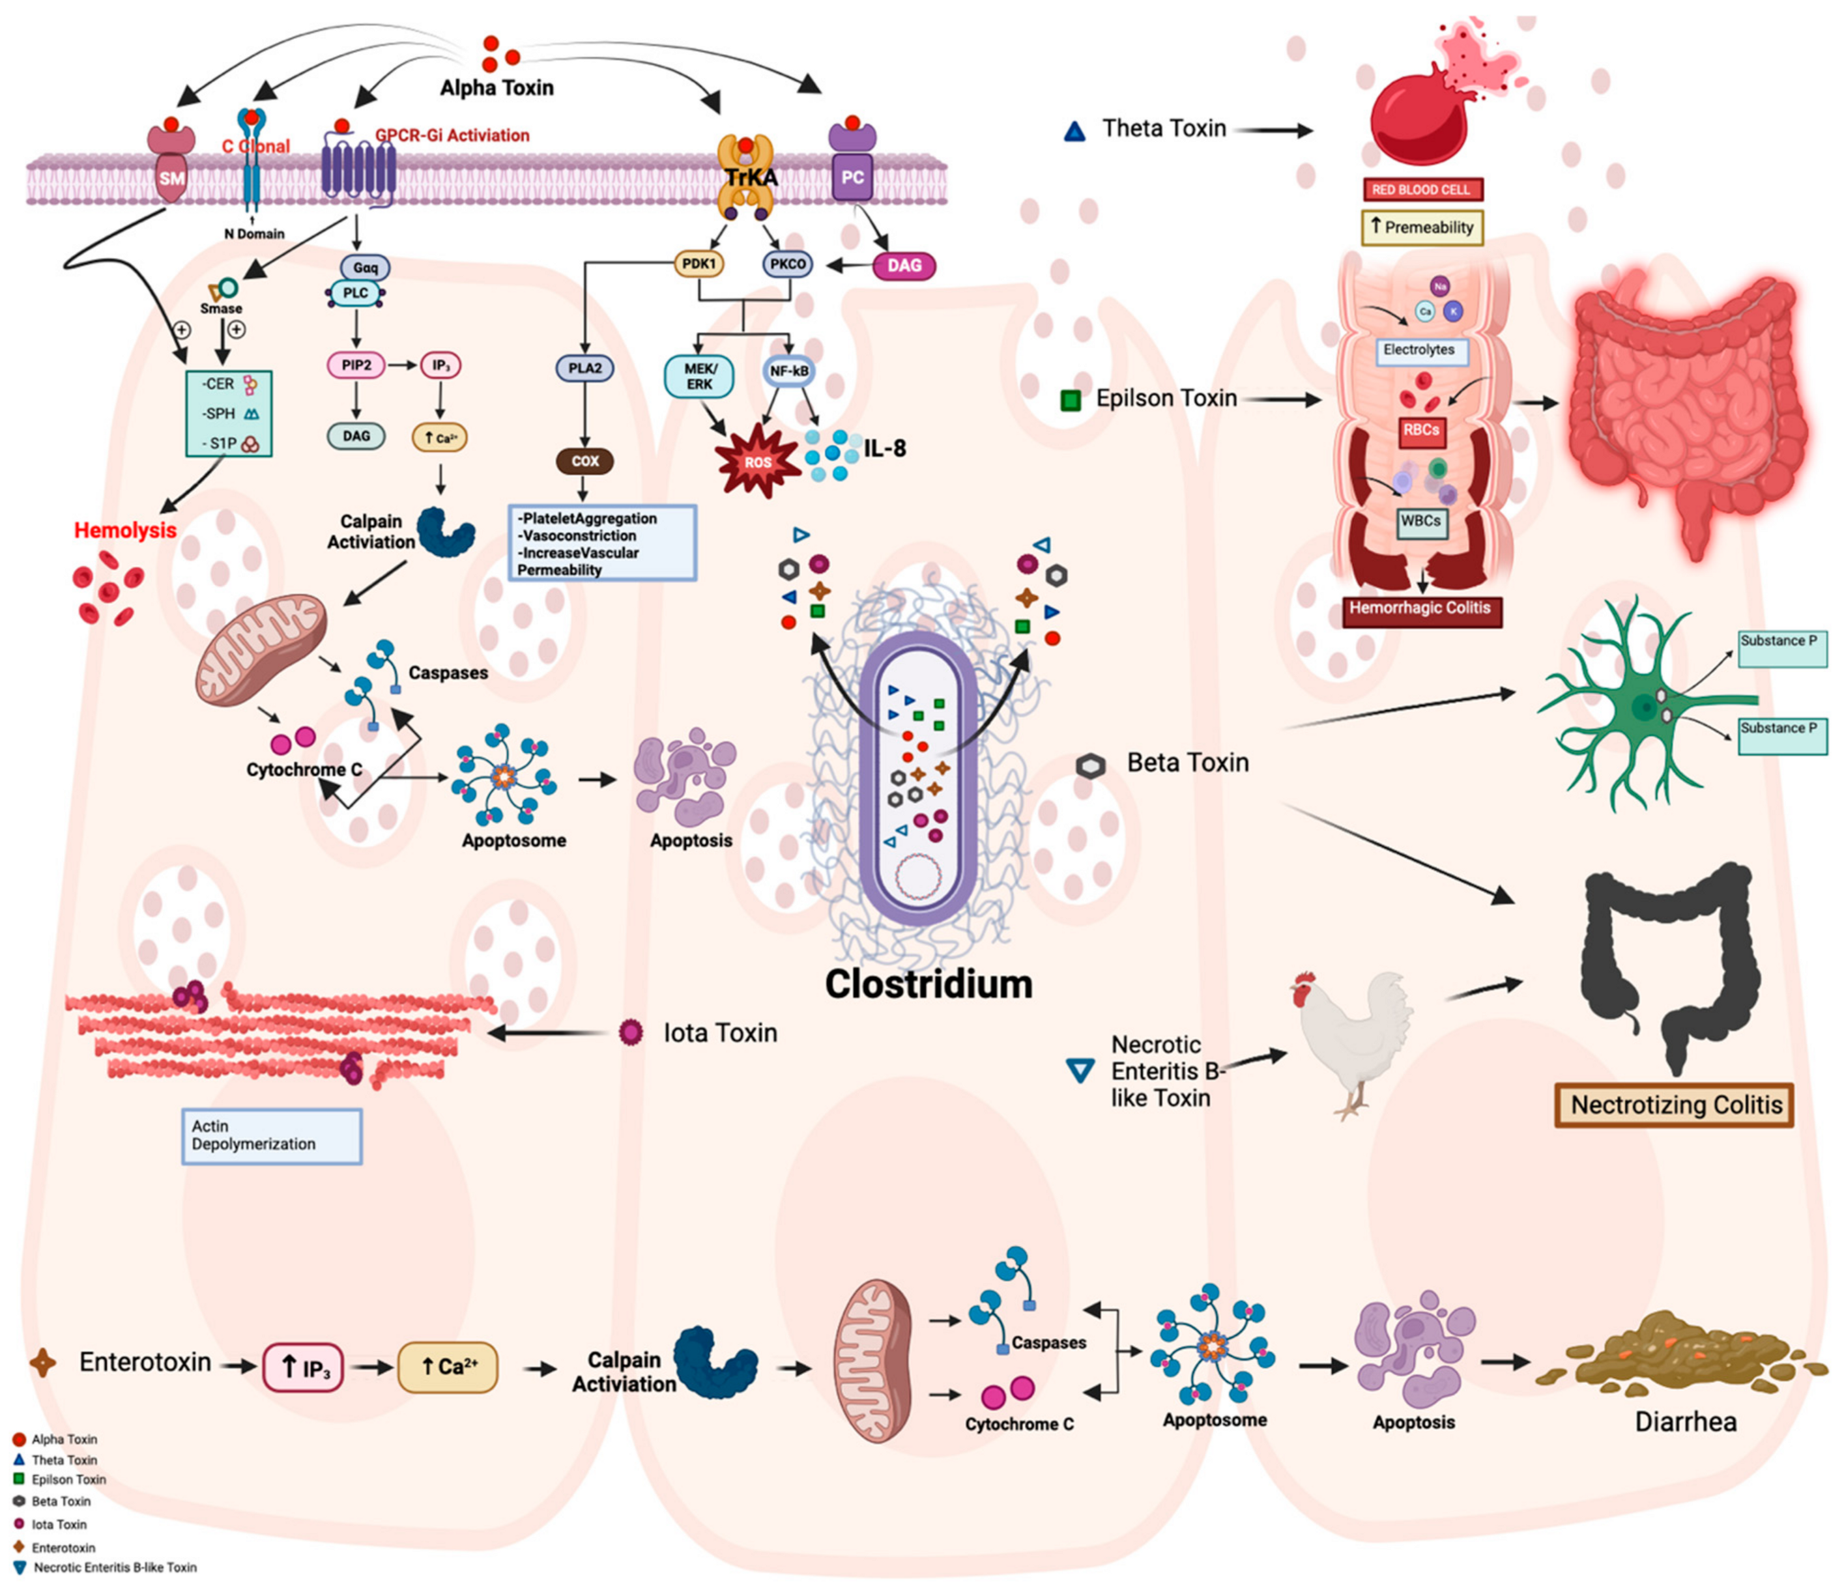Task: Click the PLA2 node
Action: pos(584,367)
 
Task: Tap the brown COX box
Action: pos(584,461)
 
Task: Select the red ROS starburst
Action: pos(757,461)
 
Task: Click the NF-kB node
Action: pos(788,370)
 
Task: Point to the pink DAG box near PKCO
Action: pos(904,265)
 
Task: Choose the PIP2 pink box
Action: pos(356,365)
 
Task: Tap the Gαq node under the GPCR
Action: pos(365,267)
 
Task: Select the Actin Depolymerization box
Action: pos(272,1136)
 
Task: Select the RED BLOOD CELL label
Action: pos(1421,190)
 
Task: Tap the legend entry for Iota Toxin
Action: pos(59,1524)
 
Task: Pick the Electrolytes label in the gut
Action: pos(1419,350)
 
